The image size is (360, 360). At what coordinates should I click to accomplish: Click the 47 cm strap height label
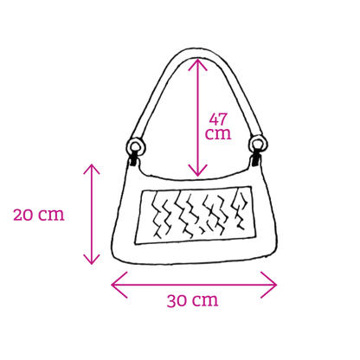[218, 126]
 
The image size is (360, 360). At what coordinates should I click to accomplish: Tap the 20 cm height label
[39, 215]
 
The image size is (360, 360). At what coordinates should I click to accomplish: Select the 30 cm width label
[192, 300]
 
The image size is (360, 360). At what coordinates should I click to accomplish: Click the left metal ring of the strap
[135, 146]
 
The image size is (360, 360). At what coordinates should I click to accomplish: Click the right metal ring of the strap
[259, 144]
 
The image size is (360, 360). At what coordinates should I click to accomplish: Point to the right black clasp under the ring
[256, 160]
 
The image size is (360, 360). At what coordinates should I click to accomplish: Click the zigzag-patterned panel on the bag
[196, 215]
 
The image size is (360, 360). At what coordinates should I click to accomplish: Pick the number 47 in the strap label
[218, 119]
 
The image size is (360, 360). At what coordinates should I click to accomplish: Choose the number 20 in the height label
[24, 215]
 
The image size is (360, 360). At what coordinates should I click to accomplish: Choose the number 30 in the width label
[178, 300]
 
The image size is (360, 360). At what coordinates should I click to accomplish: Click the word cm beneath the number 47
[218, 134]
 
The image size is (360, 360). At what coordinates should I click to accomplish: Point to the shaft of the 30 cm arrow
[194, 285]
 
